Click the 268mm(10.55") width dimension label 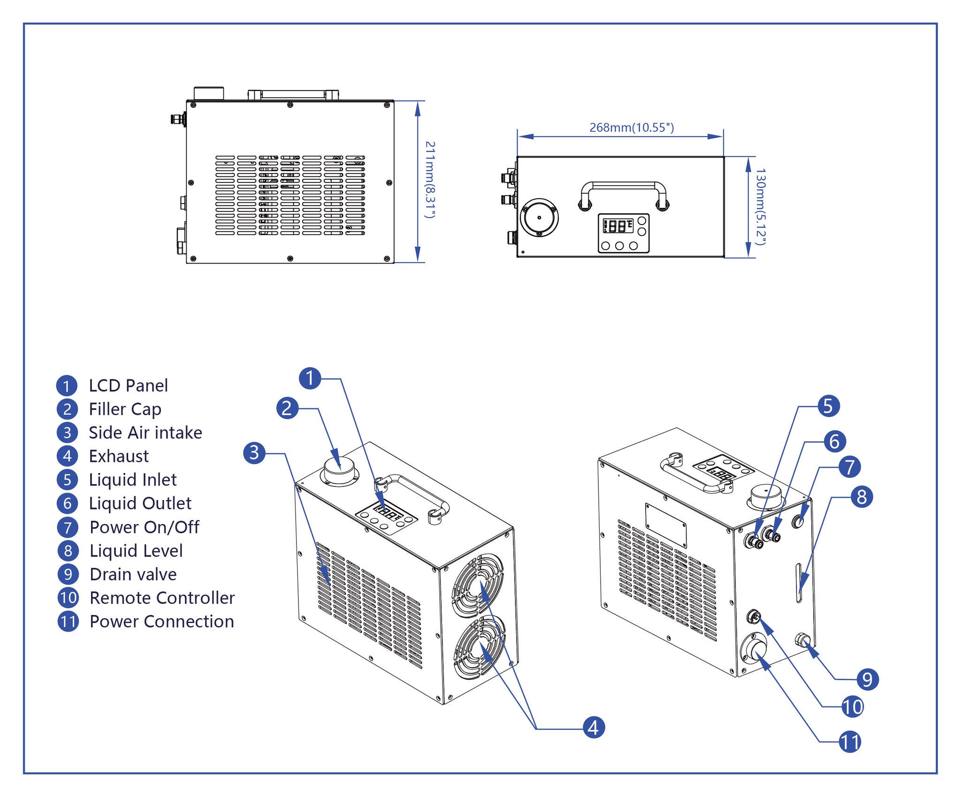click(632, 128)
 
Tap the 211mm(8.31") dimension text click(430, 180)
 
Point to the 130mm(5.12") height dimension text click(761, 207)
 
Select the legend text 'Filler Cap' click(125, 409)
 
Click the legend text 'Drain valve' click(133, 574)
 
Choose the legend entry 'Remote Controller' click(162, 598)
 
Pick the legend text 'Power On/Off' click(145, 527)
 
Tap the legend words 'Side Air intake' click(145, 433)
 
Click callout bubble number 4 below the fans click(594, 728)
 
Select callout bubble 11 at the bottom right click(850, 742)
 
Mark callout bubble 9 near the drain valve click(867, 679)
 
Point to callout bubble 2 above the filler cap click(287, 408)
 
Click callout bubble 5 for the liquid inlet click(828, 406)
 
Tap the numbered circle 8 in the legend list click(68, 551)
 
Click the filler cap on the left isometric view click(340, 471)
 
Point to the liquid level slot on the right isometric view click(799, 584)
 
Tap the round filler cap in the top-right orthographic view click(539, 218)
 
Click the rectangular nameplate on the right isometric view click(666, 525)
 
